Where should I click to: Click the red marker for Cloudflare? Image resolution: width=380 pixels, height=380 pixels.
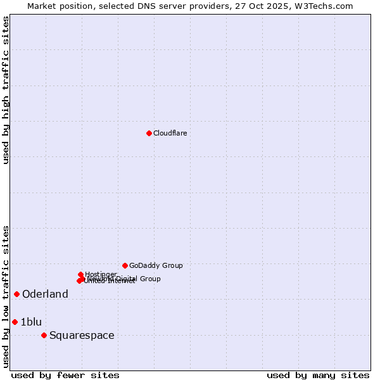tap(149, 133)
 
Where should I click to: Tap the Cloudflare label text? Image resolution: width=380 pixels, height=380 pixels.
tap(170, 133)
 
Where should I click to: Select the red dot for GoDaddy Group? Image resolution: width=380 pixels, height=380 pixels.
tap(125, 265)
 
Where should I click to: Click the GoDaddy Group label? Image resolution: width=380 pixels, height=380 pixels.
tap(156, 265)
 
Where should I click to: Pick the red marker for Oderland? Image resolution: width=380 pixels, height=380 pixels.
tap(16, 294)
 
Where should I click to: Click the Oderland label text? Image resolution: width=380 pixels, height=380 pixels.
tap(45, 294)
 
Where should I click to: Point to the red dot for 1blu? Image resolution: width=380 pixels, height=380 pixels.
tap(15, 322)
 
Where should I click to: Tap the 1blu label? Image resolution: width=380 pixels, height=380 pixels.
tap(31, 322)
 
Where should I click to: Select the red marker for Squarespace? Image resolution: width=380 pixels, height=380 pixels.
tap(44, 335)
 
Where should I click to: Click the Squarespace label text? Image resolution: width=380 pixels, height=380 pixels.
tap(82, 335)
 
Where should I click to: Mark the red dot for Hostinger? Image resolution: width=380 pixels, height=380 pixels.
tap(80, 274)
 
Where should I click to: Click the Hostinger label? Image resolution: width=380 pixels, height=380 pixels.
tap(101, 274)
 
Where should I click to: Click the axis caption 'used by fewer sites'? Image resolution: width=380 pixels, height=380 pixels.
tap(65, 375)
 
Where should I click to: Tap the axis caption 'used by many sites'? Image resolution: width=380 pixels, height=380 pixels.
tap(318, 375)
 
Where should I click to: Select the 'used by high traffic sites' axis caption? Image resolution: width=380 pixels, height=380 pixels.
tap(6, 90)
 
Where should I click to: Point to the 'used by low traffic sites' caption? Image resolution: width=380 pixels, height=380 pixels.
tap(6, 296)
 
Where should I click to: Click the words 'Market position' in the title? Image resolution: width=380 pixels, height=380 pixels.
tap(60, 6)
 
